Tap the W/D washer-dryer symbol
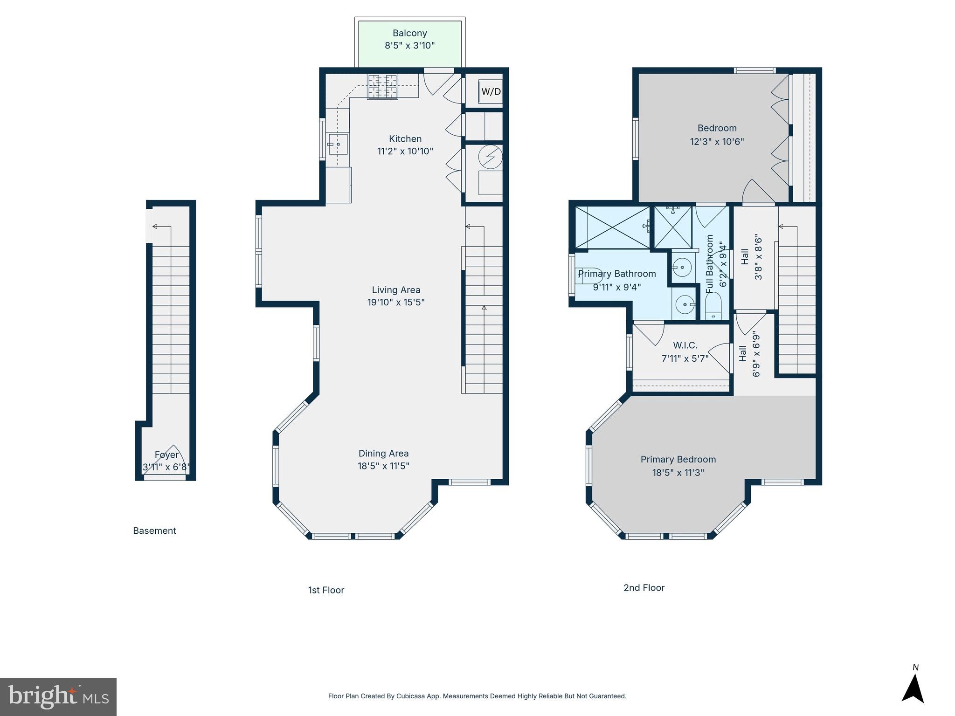(491, 91)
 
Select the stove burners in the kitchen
(382, 87)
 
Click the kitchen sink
(337, 144)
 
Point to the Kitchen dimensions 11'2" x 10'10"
(405, 151)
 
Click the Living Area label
(396, 289)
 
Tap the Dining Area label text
(383, 453)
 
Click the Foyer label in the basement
(166, 454)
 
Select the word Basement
(154, 530)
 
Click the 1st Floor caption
(326, 590)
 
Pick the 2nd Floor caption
(644, 588)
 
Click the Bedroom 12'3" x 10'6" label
(717, 134)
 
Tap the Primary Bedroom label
(678, 459)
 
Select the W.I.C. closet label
(685, 345)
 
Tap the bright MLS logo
(58, 696)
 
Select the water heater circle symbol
(491, 157)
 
